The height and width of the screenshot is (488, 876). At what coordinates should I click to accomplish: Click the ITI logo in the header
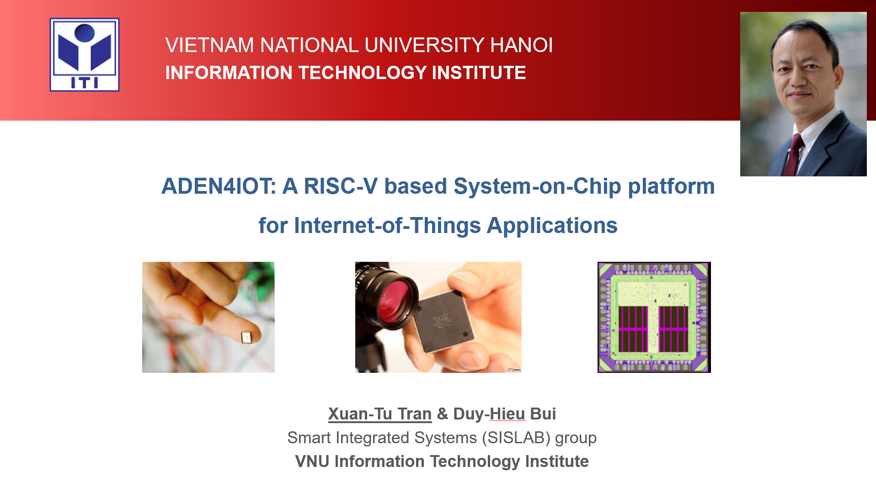(x=85, y=55)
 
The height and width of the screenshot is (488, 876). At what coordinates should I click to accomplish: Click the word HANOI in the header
(x=521, y=45)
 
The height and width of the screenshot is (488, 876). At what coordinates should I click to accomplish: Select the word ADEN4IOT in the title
(x=219, y=186)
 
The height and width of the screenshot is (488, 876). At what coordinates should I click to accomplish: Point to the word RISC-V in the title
(x=341, y=186)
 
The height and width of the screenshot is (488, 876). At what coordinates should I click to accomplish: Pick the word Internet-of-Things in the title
(x=388, y=226)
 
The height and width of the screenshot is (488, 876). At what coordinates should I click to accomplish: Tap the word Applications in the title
(x=552, y=226)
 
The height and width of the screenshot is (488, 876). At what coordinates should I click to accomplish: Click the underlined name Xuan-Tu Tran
(x=379, y=414)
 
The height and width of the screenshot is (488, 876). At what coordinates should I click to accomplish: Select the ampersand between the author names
(x=442, y=414)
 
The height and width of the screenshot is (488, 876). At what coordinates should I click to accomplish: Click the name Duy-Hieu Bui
(x=504, y=414)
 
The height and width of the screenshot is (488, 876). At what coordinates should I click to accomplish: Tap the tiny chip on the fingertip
(x=246, y=338)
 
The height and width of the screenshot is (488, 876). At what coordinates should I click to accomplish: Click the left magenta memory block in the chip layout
(x=633, y=329)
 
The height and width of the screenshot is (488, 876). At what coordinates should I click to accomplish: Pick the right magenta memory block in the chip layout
(x=673, y=329)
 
